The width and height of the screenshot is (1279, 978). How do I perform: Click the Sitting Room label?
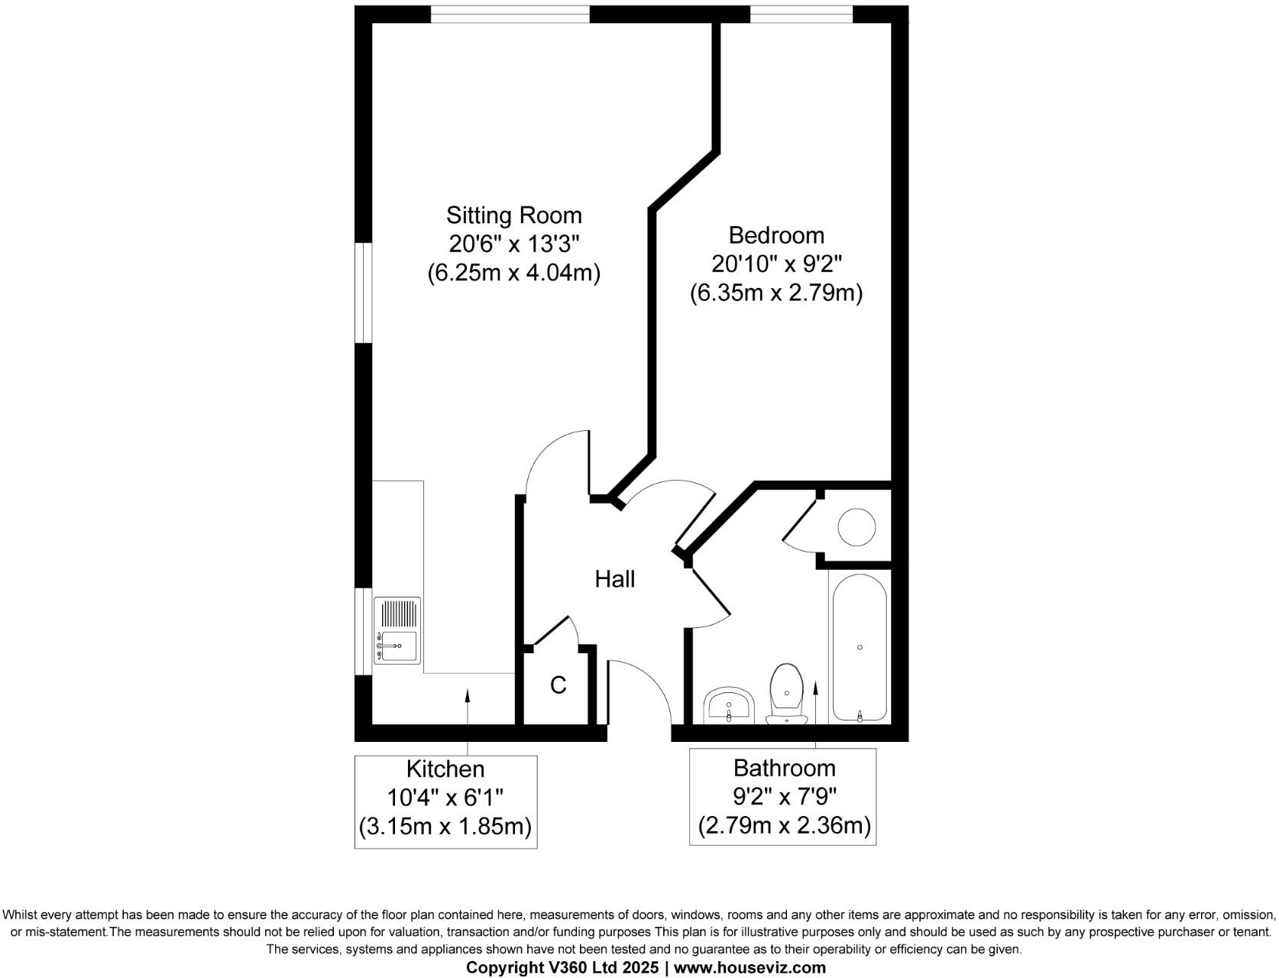513,215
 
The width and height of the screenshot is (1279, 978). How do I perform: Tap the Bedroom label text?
775,235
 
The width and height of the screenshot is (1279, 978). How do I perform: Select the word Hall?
614,579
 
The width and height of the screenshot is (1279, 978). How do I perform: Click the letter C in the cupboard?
559,685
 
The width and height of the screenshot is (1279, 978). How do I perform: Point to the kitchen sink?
398,646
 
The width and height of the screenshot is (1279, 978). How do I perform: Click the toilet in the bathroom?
787,692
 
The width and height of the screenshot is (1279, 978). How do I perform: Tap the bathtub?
860,648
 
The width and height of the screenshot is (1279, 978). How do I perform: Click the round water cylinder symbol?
856,527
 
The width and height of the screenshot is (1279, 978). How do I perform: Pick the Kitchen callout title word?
445,769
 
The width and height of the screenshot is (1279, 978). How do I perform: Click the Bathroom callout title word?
784,767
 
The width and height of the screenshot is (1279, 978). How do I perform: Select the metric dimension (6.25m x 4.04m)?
513,273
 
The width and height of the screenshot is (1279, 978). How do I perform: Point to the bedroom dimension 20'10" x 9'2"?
776,264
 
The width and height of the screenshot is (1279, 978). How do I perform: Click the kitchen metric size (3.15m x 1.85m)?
445,827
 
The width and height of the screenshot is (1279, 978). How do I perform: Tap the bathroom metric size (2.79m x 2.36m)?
784,825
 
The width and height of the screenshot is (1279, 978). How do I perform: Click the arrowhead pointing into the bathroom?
815,688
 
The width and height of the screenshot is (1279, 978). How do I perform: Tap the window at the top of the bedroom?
801,15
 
